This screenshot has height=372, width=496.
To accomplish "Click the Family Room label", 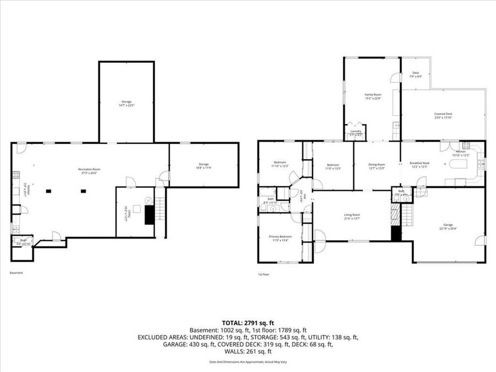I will (373, 96).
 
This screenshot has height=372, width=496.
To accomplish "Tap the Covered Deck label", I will (443, 115).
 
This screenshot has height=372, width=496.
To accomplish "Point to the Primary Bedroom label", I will (280, 238).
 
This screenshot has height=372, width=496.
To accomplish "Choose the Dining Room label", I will (376, 165).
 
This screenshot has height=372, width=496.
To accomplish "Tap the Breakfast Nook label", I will (419, 165).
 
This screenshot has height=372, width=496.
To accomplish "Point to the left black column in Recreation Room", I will (48, 191).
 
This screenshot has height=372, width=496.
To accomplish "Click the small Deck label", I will (416, 74).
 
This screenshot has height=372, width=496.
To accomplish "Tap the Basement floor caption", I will (17, 273).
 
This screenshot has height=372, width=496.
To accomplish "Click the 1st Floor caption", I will (264, 274).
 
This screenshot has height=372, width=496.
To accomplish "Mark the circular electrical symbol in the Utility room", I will (148, 200).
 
